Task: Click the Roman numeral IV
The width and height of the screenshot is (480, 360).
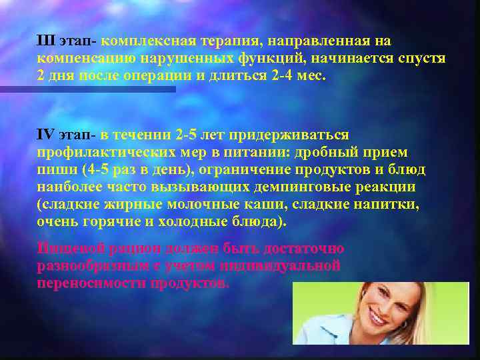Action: [x=46, y=135]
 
